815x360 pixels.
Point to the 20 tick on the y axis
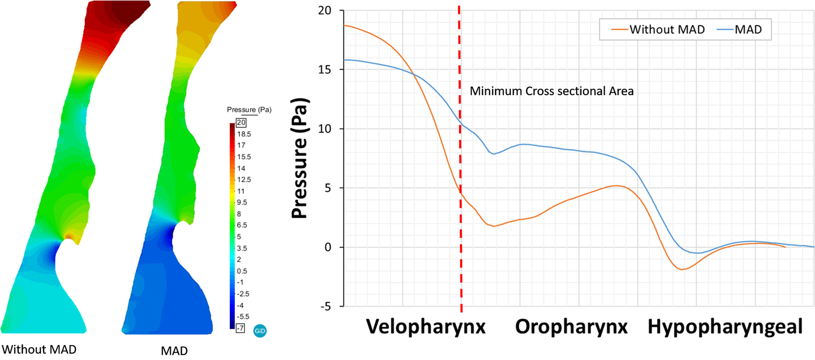pos(325,10)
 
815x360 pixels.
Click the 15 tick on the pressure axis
pos(325,70)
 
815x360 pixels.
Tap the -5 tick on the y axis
pos(325,307)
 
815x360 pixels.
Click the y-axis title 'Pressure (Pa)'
pos(300,158)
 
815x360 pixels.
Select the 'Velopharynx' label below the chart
pos(426,327)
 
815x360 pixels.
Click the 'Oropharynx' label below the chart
pos(571,327)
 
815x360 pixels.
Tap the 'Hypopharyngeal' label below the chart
pos(725,327)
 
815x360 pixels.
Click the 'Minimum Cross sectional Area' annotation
pos(552,91)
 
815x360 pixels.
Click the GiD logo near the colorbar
pos(260,331)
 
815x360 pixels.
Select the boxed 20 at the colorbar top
pos(241,122)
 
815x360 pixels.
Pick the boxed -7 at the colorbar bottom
pos(240,328)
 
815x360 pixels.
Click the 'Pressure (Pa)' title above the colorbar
pos(249,109)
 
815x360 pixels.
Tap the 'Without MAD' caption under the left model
pos(39,350)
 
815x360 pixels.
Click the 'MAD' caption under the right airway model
pos(174,351)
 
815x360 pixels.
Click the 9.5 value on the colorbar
pos(242,203)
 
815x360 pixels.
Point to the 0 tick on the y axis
pos(328,248)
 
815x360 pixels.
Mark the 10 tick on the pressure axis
pos(325,129)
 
